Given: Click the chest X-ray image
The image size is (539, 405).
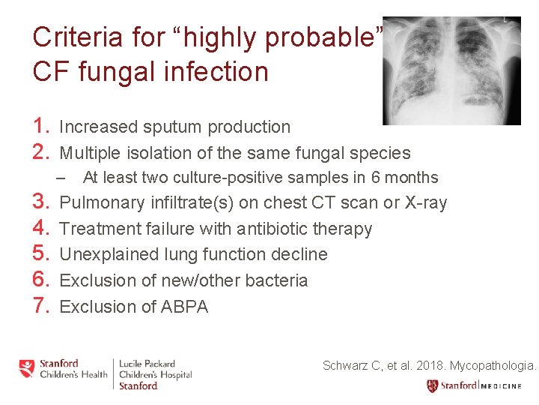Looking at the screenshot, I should [x=451, y=70].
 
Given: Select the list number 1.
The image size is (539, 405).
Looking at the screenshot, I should [x=41, y=127].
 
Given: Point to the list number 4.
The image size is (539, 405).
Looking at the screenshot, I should [x=41, y=228].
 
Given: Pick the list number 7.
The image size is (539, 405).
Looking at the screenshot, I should [x=41, y=306].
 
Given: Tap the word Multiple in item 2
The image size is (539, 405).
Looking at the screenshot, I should [x=93, y=153].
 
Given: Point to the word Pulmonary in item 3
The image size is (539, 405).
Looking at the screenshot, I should [x=101, y=202].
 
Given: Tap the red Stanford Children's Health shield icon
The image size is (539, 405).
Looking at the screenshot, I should [x=27, y=368].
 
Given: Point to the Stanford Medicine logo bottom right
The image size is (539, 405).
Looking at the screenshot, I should [x=481, y=386].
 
